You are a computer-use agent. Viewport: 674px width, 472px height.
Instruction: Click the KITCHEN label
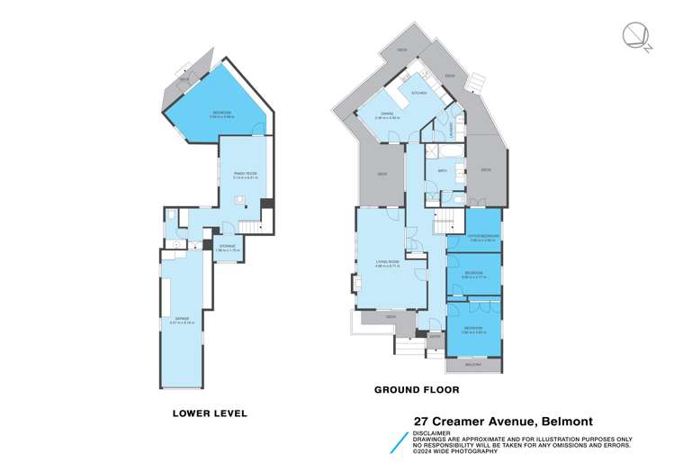[x=419, y=93]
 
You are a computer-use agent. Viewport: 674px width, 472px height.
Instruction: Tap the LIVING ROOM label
[x=388, y=262]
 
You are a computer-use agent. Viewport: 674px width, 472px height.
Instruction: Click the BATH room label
[x=443, y=170]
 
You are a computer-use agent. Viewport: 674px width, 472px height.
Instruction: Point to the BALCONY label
[x=473, y=365]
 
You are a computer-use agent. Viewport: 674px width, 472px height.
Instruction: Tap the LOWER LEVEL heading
[x=210, y=413]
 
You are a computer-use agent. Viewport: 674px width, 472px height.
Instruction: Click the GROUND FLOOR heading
[x=417, y=390]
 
